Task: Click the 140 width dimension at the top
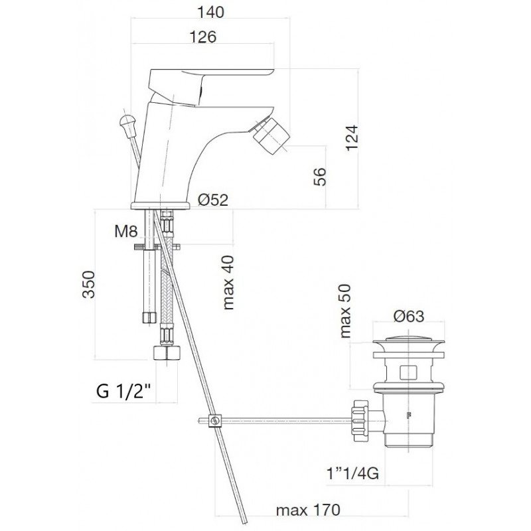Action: coord(210,12)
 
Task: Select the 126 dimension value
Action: coord(202,37)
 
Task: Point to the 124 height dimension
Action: coord(351,138)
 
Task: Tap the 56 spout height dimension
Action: coord(320,177)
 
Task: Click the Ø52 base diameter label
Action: coord(213,200)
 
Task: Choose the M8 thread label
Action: coord(126,232)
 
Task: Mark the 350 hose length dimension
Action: coord(89,284)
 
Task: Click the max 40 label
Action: coord(228,282)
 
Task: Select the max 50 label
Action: coord(345,311)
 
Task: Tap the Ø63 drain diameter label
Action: coord(408,317)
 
